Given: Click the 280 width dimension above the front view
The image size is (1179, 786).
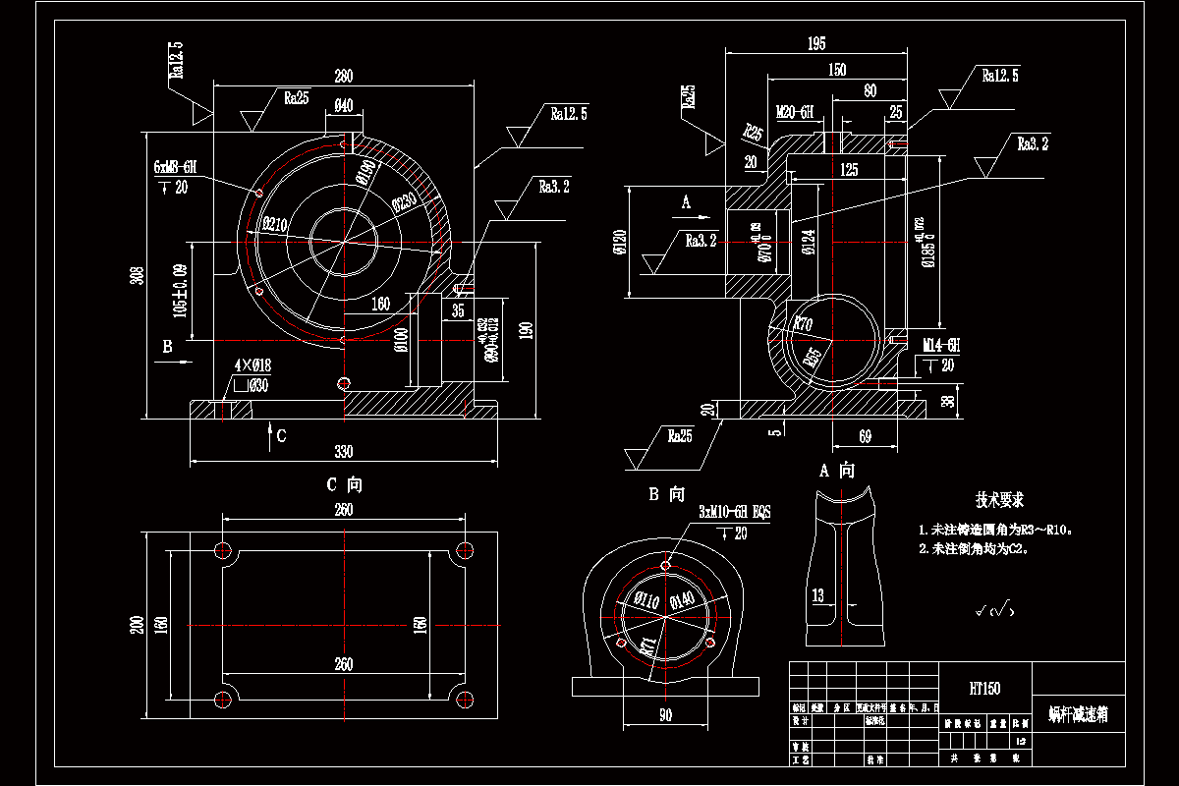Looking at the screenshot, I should point(343,77).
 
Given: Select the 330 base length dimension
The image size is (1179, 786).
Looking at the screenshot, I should point(343,451).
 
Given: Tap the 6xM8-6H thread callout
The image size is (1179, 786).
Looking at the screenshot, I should point(176,168).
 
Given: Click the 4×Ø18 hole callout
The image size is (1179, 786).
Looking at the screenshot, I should point(252,365).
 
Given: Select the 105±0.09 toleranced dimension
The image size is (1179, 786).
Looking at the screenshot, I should point(180,291).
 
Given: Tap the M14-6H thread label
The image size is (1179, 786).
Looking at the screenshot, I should point(940,346).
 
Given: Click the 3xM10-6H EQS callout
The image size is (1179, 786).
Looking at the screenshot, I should point(734,513).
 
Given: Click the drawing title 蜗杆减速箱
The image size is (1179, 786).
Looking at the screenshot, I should point(1077,714).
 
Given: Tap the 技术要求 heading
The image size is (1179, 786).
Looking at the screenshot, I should point(1000,500).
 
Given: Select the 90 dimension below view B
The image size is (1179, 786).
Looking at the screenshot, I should point(665,716).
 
